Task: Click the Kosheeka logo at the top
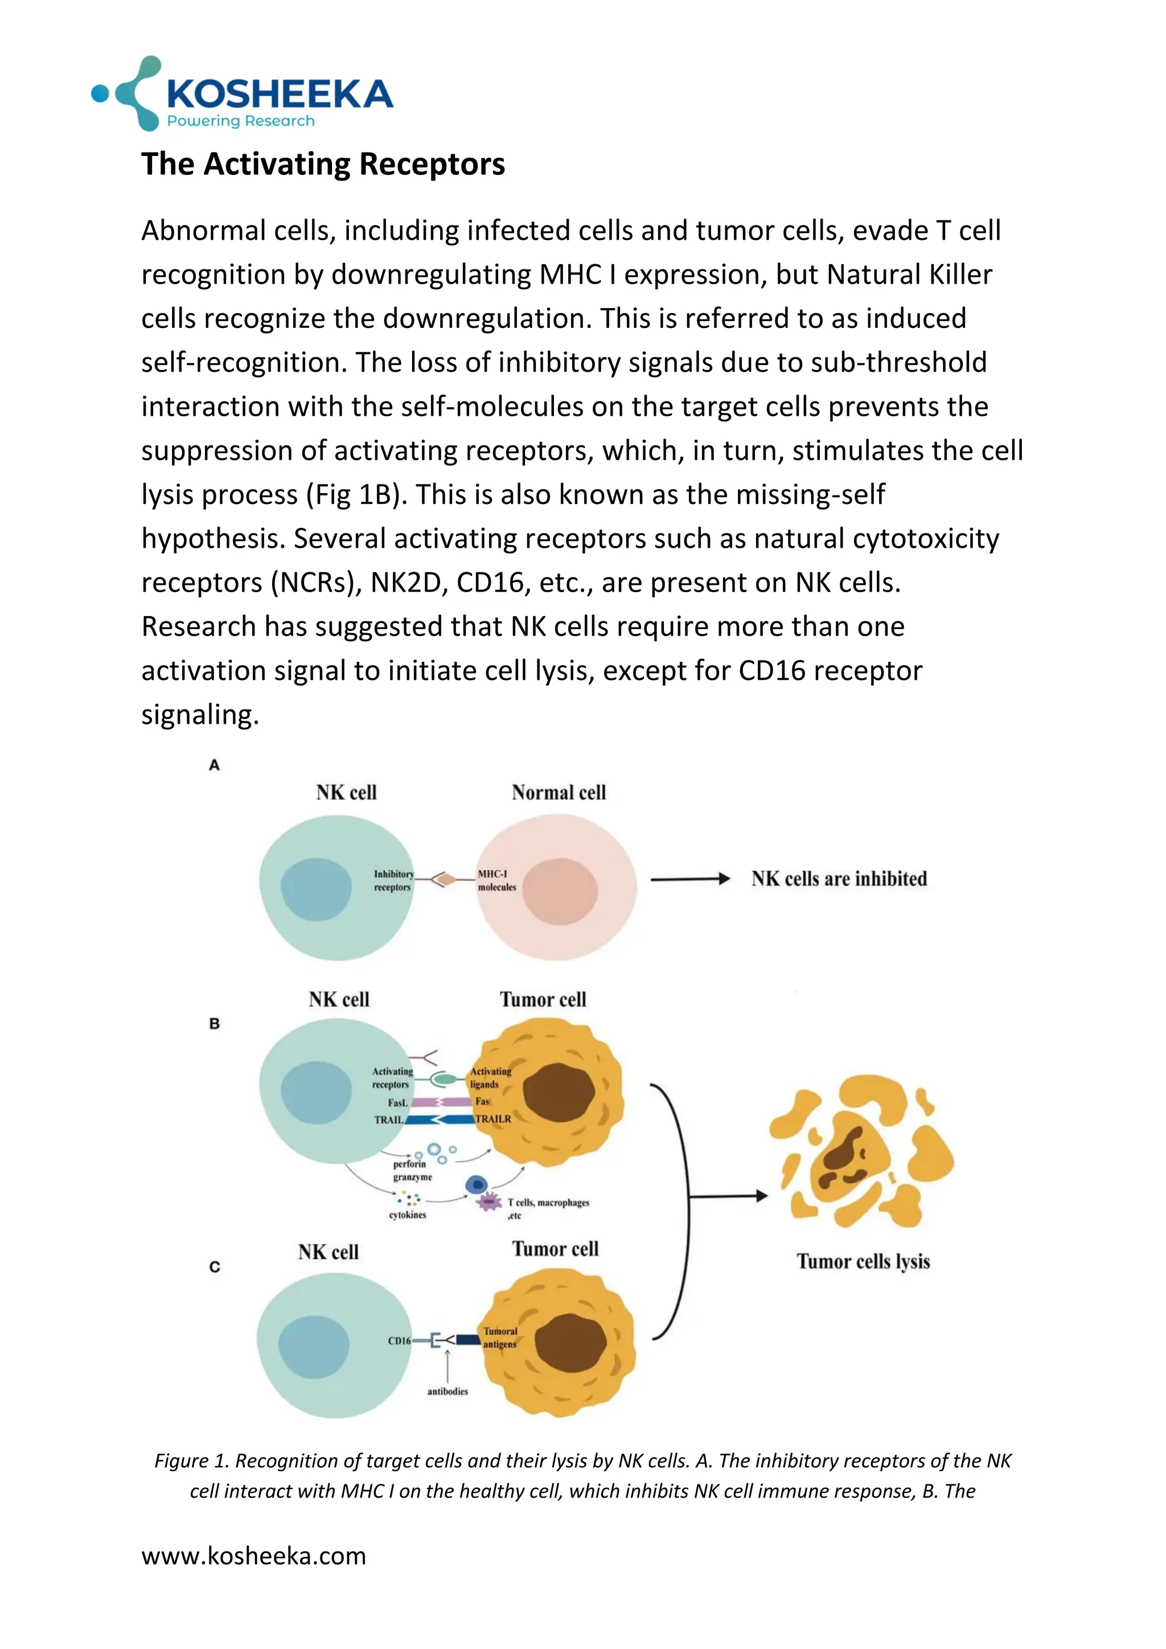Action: point(243,95)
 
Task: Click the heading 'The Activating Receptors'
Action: point(323,164)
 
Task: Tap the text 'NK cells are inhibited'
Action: point(839,879)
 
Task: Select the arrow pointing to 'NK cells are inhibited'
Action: point(689,879)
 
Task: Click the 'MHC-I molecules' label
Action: point(497,880)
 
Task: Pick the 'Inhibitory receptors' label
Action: point(393,880)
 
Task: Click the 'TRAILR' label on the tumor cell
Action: point(493,1119)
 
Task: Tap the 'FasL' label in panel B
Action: point(397,1102)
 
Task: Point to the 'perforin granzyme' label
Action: point(412,1171)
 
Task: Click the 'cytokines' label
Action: point(407,1215)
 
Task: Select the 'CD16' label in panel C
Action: point(399,1341)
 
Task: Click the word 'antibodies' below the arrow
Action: point(447,1391)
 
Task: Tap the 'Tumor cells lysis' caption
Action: point(863,1262)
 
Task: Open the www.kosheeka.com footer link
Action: point(253,1556)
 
